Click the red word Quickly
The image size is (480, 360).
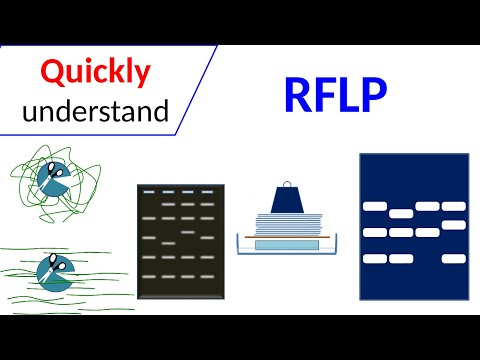click(x=96, y=72)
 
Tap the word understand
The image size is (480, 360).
click(x=96, y=110)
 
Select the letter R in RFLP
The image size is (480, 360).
click(x=299, y=95)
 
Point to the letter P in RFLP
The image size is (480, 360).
click(x=371, y=95)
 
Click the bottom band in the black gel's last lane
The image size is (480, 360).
click(x=207, y=276)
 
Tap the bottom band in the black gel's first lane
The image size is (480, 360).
click(x=149, y=276)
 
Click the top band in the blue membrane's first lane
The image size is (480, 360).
click(x=374, y=206)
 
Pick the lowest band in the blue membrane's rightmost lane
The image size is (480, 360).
click(x=453, y=258)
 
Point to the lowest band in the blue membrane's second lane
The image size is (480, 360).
click(x=401, y=258)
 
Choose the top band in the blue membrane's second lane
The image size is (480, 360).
click(x=401, y=213)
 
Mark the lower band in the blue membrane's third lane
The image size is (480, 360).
click(x=427, y=232)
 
